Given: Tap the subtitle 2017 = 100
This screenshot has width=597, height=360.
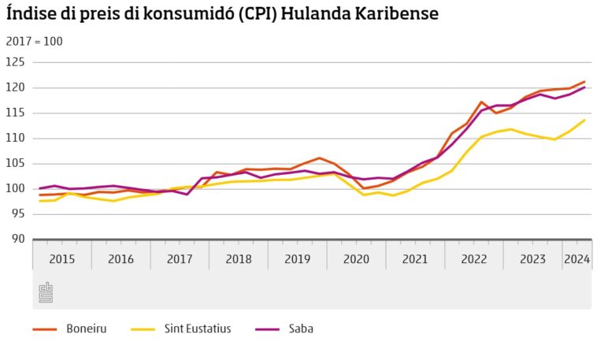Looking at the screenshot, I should [x=34, y=41].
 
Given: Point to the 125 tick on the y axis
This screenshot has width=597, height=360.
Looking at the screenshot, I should [x=16, y=62].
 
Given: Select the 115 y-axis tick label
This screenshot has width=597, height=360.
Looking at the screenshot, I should [x=16, y=113].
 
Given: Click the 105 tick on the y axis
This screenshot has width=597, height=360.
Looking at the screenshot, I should [x=16, y=163].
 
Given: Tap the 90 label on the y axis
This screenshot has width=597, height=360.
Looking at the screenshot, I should [x=18, y=239].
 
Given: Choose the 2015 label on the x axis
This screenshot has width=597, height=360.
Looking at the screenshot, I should [x=61, y=258].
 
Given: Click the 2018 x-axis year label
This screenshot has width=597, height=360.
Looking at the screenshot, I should [x=238, y=258].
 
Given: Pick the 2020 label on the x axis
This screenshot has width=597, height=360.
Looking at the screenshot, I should [x=356, y=258].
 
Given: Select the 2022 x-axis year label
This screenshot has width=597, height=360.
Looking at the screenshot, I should [x=474, y=258].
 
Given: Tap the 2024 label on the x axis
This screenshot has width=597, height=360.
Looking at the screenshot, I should [x=577, y=258].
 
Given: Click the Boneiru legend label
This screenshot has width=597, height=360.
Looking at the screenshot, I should [x=86, y=328].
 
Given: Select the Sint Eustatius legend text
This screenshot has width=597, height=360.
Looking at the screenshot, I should [x=198, y=328].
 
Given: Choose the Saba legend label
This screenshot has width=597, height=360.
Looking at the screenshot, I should [x=300, y=328].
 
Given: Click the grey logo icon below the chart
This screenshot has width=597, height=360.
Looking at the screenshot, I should [x=46, y=292].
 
